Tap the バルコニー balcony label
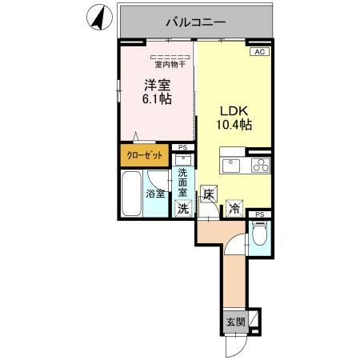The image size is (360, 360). tap(197, 22)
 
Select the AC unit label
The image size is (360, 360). tap(259, 51)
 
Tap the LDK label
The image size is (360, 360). tap(234, 110)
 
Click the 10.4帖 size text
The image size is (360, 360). tap(234, 125)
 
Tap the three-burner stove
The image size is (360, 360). tap(261, 166)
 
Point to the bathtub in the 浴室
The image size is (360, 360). tap(131, 194)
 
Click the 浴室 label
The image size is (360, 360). tap(154, 194)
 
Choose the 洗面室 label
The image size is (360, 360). tap(183, 183)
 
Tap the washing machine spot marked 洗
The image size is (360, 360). tap(183, 208)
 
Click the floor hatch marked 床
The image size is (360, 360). tap(208, 193)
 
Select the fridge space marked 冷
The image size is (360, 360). tap(234, 208)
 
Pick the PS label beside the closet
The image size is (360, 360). tap(183, 147)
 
